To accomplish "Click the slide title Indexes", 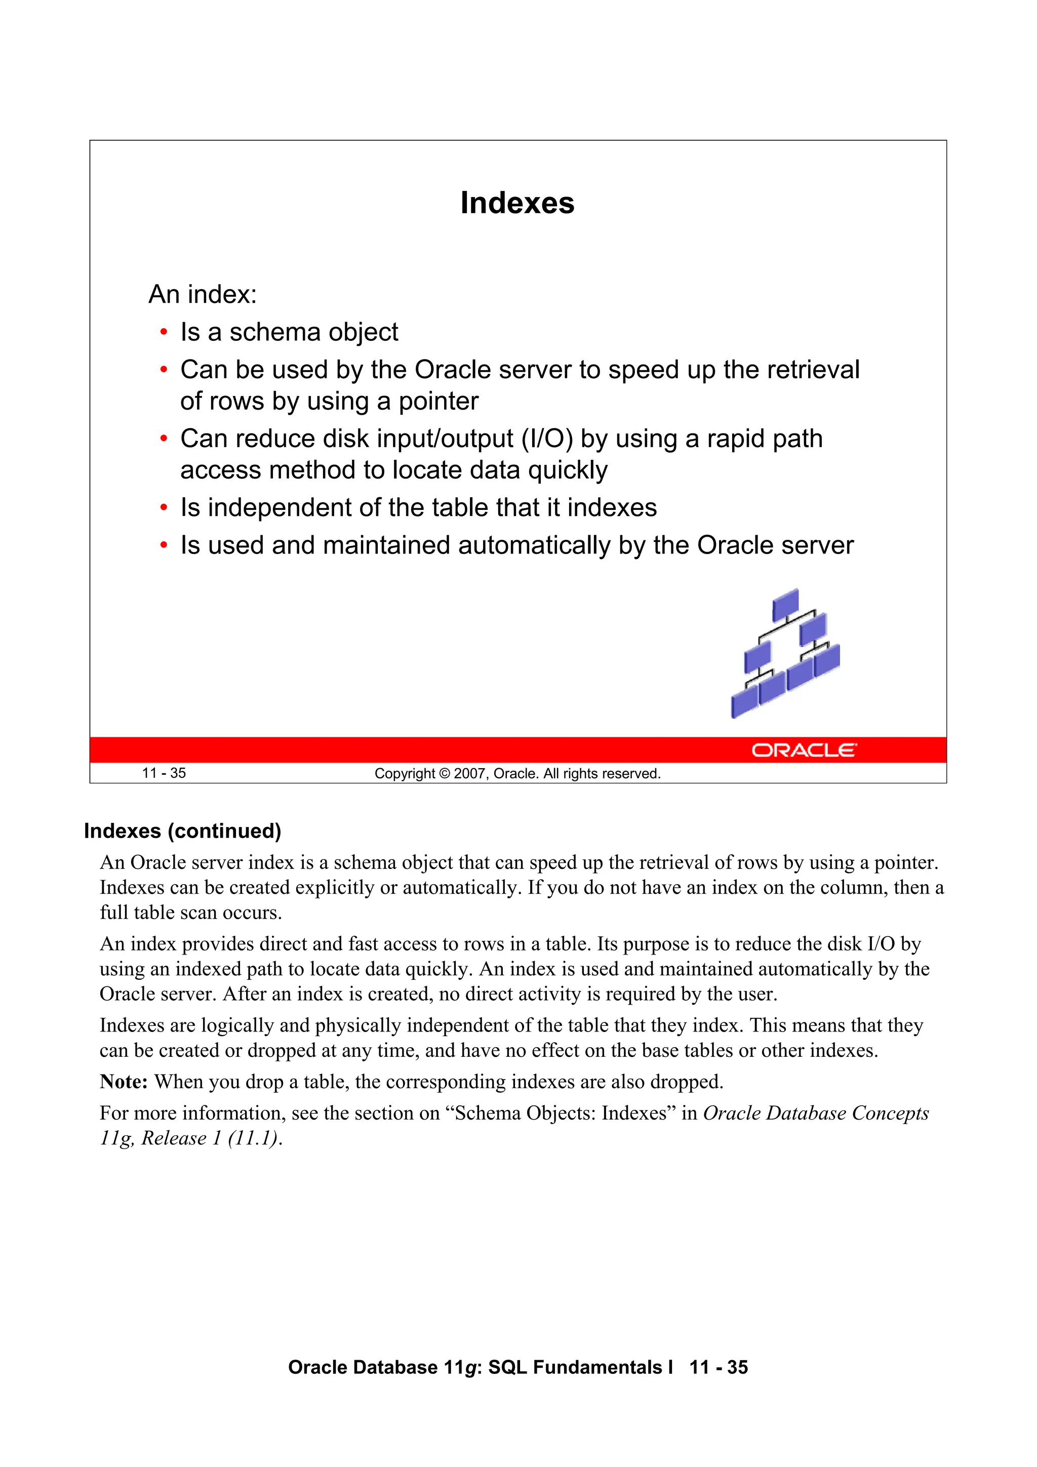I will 517,203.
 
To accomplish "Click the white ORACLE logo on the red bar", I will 803,750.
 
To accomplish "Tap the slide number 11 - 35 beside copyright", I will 164,773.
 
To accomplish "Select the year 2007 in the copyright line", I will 470,774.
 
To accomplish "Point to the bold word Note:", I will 124,1082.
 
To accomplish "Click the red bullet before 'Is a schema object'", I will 164,332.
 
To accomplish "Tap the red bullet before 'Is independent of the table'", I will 164,508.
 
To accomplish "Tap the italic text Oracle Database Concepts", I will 816,1113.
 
